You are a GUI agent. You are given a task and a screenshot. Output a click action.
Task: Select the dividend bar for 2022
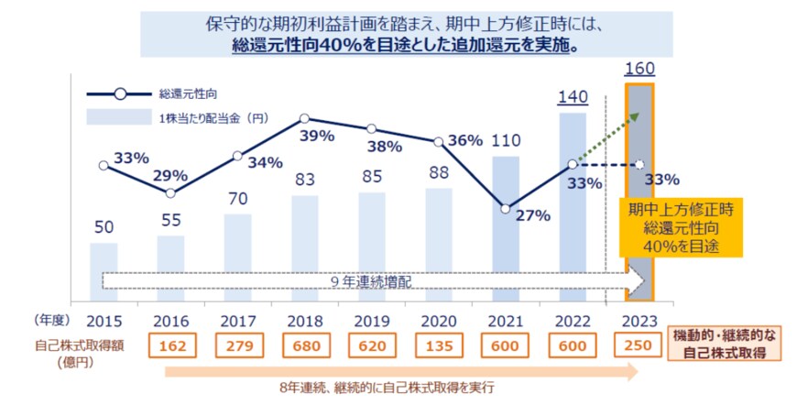573,206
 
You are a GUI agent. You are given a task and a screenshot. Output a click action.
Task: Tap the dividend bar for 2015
104,271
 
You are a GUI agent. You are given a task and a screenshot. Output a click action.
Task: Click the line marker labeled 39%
304,118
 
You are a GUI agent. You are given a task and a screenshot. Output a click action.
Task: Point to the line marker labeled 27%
506,208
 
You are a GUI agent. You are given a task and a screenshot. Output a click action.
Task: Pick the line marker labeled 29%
170,193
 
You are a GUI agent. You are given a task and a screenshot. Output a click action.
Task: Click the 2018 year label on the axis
304,321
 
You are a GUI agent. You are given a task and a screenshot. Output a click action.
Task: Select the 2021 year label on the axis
506,321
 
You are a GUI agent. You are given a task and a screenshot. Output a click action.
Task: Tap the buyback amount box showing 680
304,347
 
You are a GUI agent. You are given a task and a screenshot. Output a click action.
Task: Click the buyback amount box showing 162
170,347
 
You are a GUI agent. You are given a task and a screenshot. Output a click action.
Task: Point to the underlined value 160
639,70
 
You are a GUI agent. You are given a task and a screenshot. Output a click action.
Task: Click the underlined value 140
573,98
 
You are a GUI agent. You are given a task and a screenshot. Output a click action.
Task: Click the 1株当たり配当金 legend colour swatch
119,116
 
